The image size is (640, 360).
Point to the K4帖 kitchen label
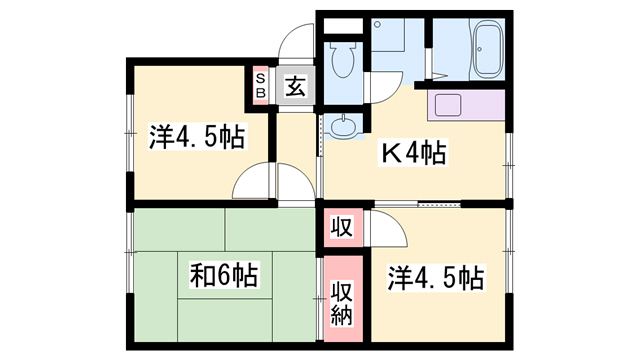point(411,154)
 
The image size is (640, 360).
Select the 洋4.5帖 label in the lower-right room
point(438,276)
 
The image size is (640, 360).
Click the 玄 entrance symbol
point(295,87)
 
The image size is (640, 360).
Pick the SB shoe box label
point(259,86)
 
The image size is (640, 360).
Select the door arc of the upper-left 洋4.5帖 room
point(251,183)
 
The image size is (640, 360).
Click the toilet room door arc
point(386,90)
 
